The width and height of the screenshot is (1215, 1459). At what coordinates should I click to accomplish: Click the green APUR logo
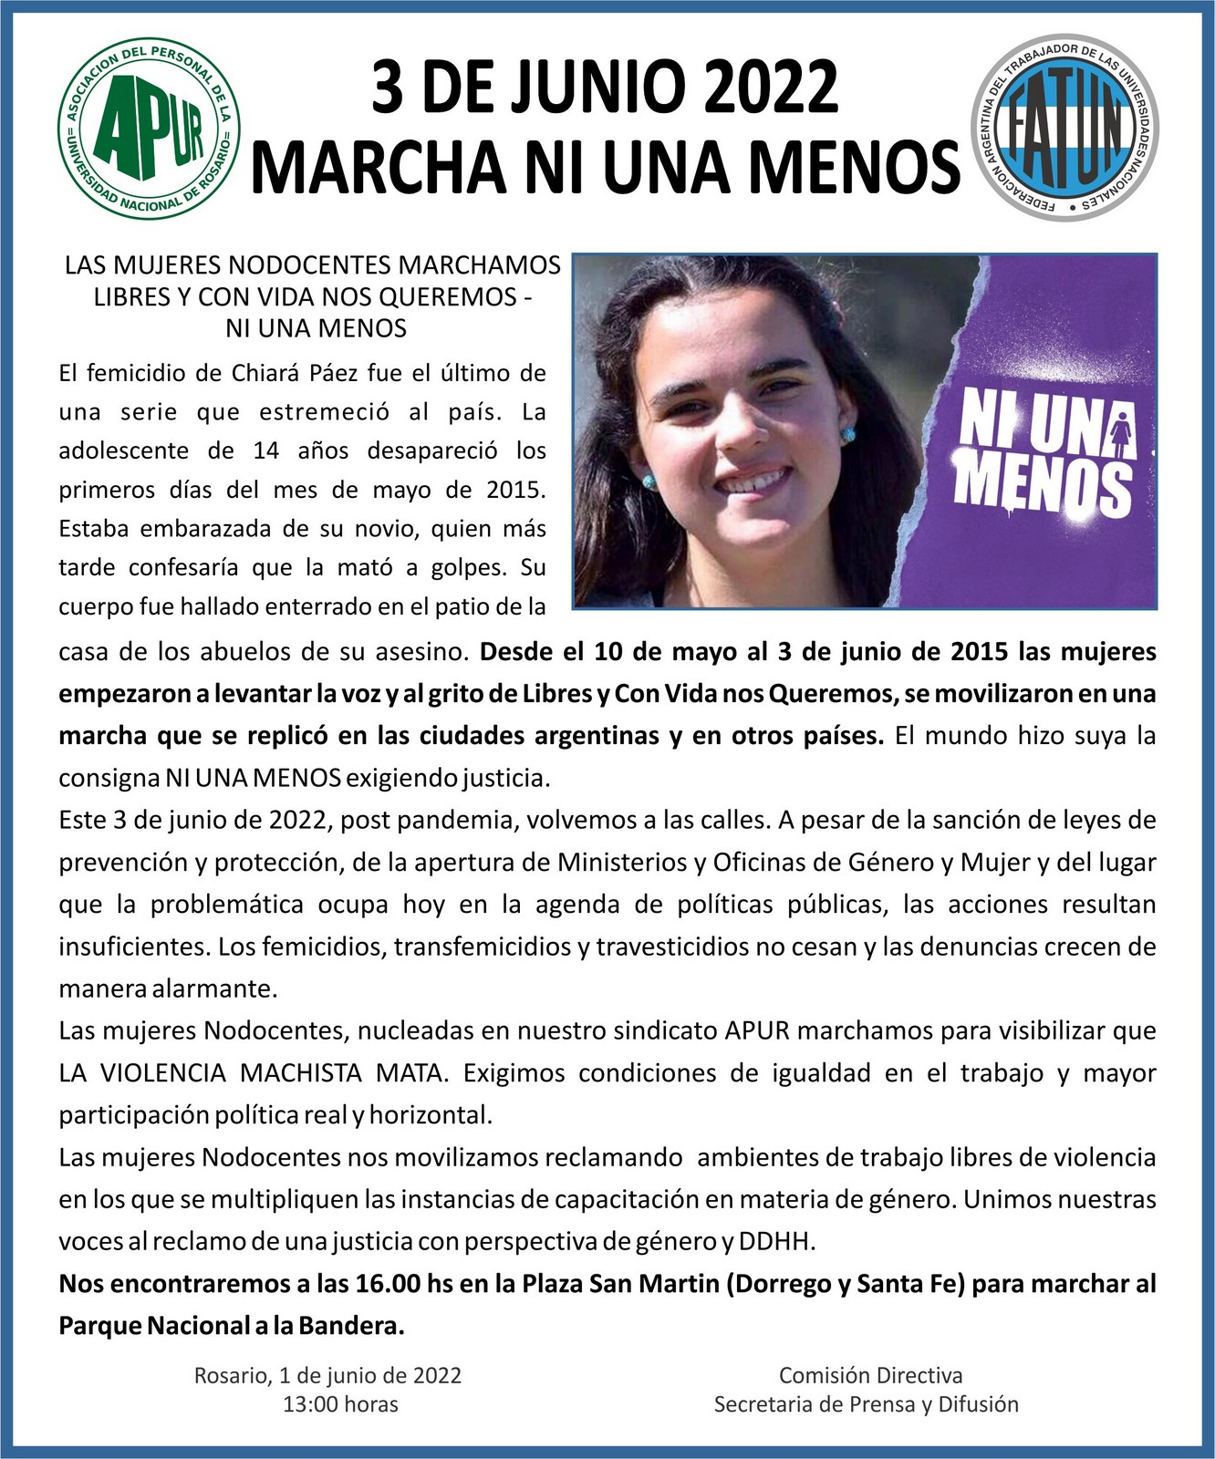[150, 129]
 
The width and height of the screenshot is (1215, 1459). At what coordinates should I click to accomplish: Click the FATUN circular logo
[1064, 128]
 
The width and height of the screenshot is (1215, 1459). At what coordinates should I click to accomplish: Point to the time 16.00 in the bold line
[385, 1284]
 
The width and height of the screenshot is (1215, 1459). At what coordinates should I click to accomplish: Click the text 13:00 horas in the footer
[340, 1404]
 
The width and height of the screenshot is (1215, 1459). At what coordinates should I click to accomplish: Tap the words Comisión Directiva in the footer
[870, 1375]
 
